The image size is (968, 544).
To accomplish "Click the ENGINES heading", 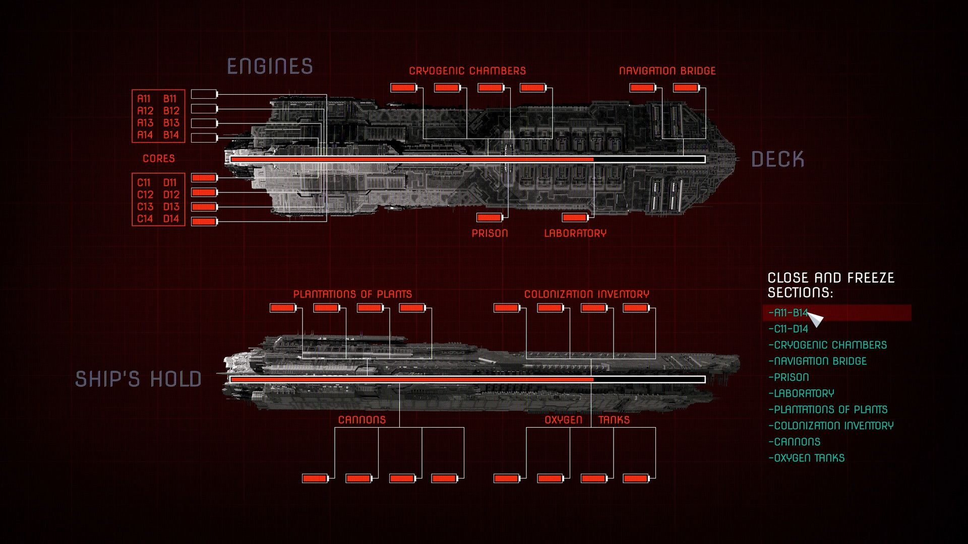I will (x=270, y=66).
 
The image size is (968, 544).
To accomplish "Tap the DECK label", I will (x=777, y=159).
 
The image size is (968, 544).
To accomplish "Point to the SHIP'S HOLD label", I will (x=138, y=379).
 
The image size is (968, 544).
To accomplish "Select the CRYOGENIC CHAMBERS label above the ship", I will (x=467, y=71).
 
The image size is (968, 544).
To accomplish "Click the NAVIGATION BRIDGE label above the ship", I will (x=667, y=71).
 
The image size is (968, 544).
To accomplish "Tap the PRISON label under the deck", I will (x=490, y=233).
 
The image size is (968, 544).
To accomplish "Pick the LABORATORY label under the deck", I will (x=575, y=233).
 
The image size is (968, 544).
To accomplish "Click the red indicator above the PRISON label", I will (x=489, y=218).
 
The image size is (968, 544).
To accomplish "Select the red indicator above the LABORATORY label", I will (x=575, y=218).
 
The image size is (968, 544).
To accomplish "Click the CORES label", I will (x=158, y=159).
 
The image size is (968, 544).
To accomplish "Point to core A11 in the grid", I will (x=144, y=99).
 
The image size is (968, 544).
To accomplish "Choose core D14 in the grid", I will (x=171, y=219).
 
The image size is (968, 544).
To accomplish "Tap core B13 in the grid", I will (x=171, y=123).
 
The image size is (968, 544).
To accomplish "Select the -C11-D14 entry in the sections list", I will (x=789, y=329).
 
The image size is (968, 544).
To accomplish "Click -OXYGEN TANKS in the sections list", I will (x=807, y=458).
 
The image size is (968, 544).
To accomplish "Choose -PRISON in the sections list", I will (x=789, y=377).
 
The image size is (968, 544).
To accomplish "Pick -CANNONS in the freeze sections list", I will (x=795, y=442).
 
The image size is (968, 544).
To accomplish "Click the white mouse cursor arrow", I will (x=815, y=319).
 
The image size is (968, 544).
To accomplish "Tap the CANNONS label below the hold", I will (x=361, y=420).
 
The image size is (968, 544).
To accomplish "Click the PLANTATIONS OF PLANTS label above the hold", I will (x=352, y=294).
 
